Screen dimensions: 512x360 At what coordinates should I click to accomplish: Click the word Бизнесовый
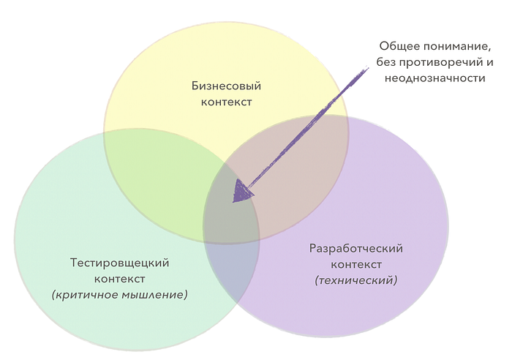tap(226, 86)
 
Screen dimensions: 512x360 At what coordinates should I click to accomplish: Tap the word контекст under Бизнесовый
tap(226, 102)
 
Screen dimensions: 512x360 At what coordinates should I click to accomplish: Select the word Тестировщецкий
tap(119, 263)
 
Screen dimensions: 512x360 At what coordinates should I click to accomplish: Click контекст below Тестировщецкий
tap(119, 279)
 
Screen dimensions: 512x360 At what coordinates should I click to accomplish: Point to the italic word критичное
tap(86, 295)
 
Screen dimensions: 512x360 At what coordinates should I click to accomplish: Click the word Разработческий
tap(356, 249)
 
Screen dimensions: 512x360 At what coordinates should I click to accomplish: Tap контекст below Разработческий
tap(356, 264)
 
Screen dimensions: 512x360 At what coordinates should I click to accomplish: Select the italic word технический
tap(356, 280)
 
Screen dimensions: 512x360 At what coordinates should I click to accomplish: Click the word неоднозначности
tap(434, 78)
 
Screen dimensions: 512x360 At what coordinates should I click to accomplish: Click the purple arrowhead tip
tap(233, 202)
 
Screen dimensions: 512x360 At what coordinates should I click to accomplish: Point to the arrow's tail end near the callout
tap(368, 68)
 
